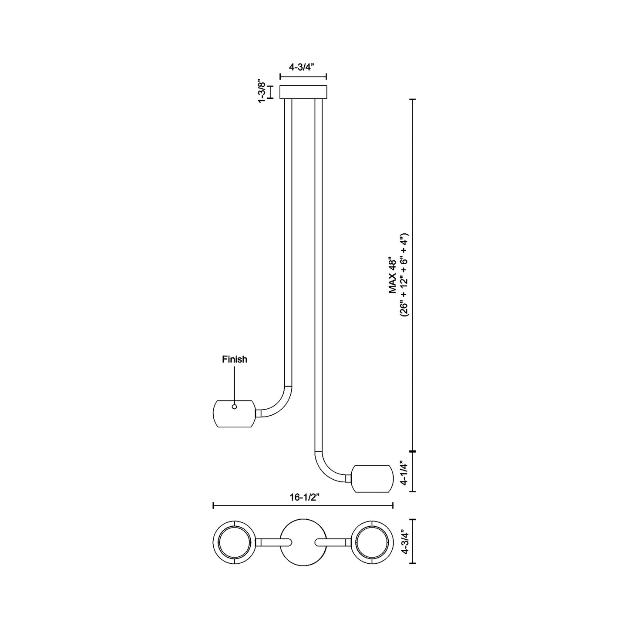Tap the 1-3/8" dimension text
(x=262, y=91)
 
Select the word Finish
(x=234, y=359)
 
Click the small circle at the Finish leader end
(x=234, y=407)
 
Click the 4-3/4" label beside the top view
(x=405, y=541)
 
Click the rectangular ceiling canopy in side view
(x=303, y=92)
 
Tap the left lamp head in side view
(x=234, y=414)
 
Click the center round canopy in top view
(x=303, y=542)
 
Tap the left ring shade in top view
(x=234, y=542)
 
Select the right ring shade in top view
(x=372, y=542)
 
